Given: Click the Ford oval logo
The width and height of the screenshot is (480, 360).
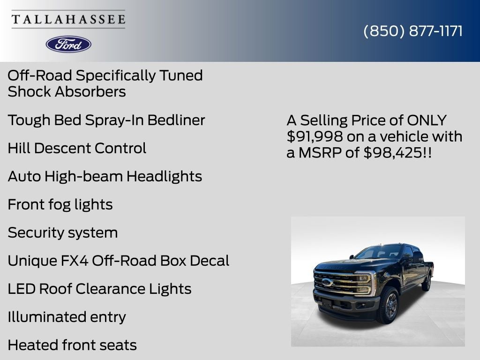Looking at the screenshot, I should (x=68, y=44).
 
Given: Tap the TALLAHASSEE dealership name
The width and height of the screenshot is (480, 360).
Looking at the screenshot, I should (x=68, y=20).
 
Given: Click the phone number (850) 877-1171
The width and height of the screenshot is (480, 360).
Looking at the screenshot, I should (x=413, y=31).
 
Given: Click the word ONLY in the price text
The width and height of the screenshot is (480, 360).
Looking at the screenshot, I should (x=427, y=120).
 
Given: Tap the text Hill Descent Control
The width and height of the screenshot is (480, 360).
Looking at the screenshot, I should (x=77, y=148).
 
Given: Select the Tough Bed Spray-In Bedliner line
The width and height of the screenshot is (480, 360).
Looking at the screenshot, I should (x=106, y=120).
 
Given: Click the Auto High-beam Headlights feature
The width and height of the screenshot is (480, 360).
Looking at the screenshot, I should (x=105, y=176).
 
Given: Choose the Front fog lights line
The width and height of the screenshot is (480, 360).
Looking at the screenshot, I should (x=60, y=204).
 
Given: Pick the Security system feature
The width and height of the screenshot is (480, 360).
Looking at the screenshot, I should (x=63, y=232).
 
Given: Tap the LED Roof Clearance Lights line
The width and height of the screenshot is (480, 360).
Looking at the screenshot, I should (x=99, y=289).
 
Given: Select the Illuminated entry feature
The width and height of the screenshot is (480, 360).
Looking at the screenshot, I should (x=67, y=317).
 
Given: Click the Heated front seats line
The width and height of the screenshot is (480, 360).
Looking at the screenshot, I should (x=72, y=345).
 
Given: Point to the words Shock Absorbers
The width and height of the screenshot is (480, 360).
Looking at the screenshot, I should (x=67, y=91).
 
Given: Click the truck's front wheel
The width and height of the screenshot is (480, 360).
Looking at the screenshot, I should (x=389, y=306).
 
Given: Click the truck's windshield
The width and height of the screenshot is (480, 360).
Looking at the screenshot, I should (x=377, y=253).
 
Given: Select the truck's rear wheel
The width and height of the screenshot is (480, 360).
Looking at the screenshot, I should (x=427, y=282).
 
